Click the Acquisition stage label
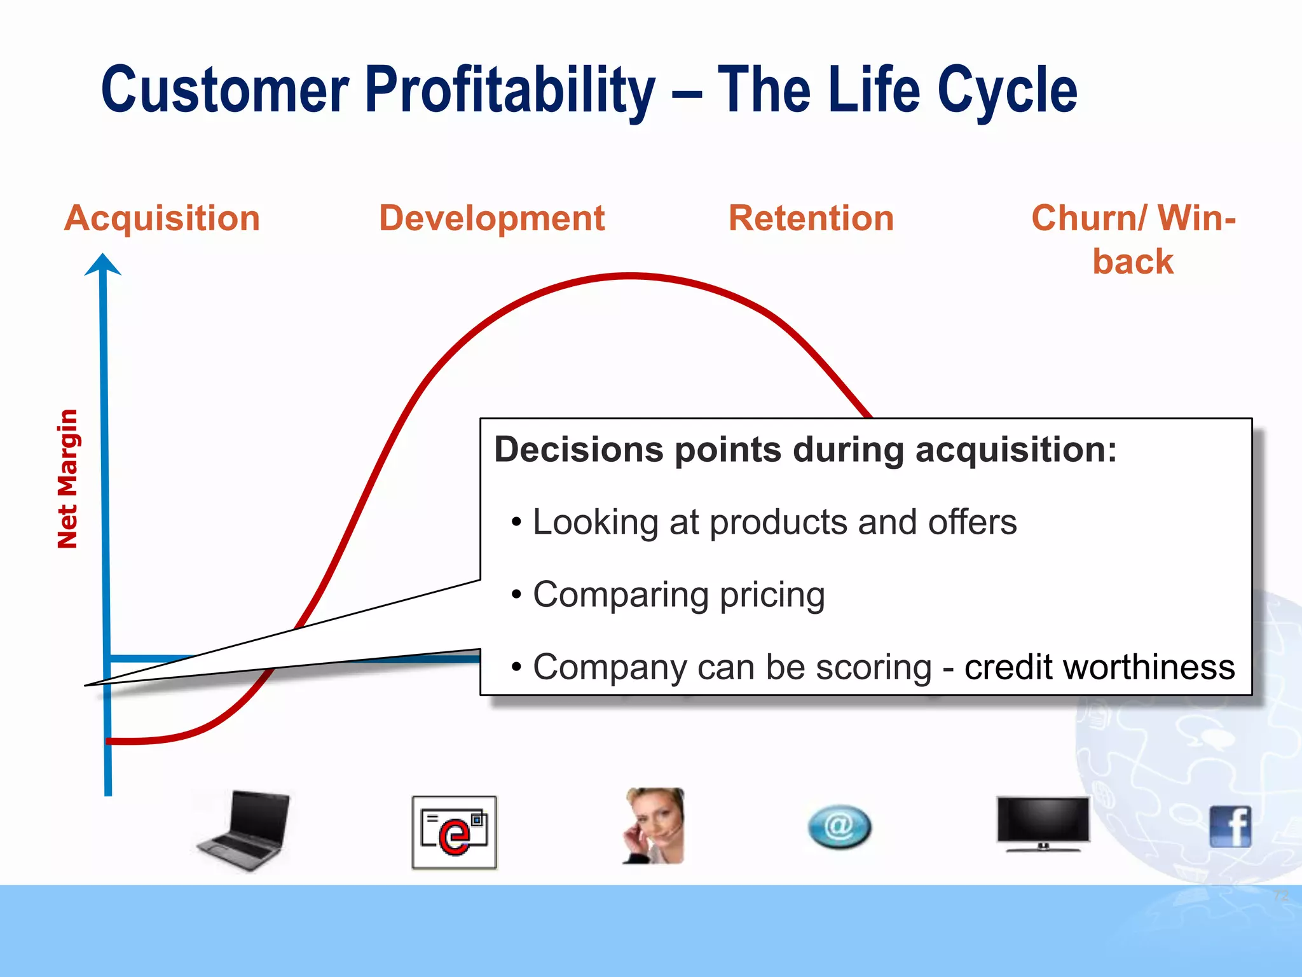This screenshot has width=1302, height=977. (x=162, y=218)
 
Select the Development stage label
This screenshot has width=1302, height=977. (x=491, y=218)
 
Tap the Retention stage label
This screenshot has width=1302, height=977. (x=811, y=218)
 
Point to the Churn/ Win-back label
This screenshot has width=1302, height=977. (x=1133, y=239)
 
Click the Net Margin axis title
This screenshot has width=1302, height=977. (x=67, y=478)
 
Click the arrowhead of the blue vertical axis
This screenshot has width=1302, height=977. (x=103, y=263)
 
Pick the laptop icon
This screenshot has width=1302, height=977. (x=244, y=829)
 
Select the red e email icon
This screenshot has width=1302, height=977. (x=454, y=832)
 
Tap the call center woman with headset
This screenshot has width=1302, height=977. (x=654, y=826)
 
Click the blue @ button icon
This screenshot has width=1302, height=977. (x=839, y=827)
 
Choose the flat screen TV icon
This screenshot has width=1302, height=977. (x=1043, y=823)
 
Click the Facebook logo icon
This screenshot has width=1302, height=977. (x=1230, y=826)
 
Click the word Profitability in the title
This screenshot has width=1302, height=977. (x=510, y=90)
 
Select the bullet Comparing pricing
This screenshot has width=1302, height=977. (x=678, y=595)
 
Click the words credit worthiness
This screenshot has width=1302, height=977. (x=1099, y=667)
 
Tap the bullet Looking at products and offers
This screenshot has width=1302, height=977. (x=774, y=522)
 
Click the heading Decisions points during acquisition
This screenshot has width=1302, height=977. (x=805, y=450)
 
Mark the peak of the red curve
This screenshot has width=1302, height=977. (x=631, y=276)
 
